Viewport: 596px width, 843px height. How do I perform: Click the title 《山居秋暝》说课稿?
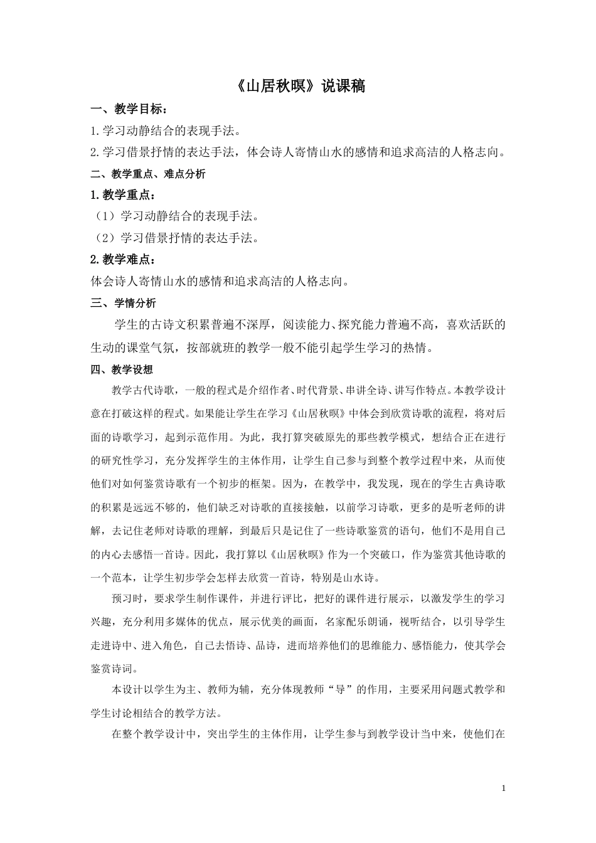[x=298, y=86]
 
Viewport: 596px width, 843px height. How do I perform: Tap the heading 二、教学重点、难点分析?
[x=148, y=174]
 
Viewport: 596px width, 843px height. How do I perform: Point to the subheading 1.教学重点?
[x=122, y=195]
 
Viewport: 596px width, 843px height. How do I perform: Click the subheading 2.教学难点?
[x=122, y=260]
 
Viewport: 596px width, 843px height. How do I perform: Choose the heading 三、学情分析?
[x=124, y=303]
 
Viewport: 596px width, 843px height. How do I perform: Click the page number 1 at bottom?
[x=503, y=788]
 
